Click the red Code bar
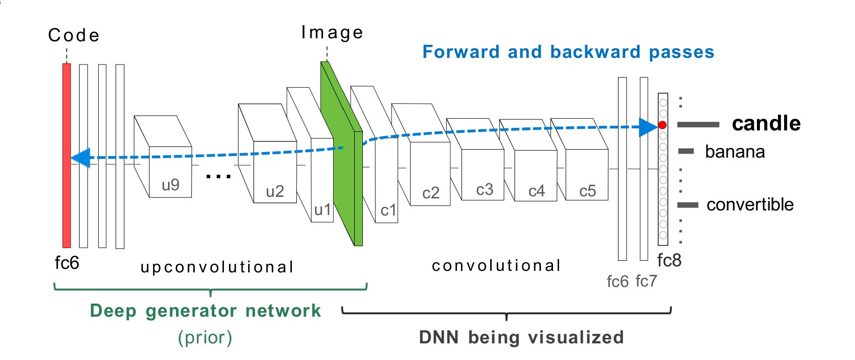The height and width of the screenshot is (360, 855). click(66, 155)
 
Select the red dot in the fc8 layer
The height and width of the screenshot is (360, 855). click(662, 125)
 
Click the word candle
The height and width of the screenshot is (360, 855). click(766, 124)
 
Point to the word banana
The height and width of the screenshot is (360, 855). click(735, 152)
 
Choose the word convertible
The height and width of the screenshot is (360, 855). click(750, 204)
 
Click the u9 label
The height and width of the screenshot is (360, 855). click(171, 185)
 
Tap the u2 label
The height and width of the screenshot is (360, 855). click(275, 191)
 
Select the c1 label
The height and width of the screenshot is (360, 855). click(388, 210)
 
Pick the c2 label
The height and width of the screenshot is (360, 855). click(431, 193)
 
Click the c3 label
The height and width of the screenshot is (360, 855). click(485, 190)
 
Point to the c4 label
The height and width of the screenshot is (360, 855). click(536, 191)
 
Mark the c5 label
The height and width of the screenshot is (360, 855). click(587, 191)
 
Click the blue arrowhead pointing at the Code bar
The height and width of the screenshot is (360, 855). click(81, 158)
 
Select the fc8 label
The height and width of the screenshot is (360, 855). click(669, 260)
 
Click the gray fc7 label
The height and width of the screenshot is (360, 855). click(646, 281)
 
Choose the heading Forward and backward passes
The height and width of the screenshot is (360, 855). click(568, 52)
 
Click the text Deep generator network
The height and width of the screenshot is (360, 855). click(205, 311)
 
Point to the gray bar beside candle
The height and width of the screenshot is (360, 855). click(698, 124)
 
